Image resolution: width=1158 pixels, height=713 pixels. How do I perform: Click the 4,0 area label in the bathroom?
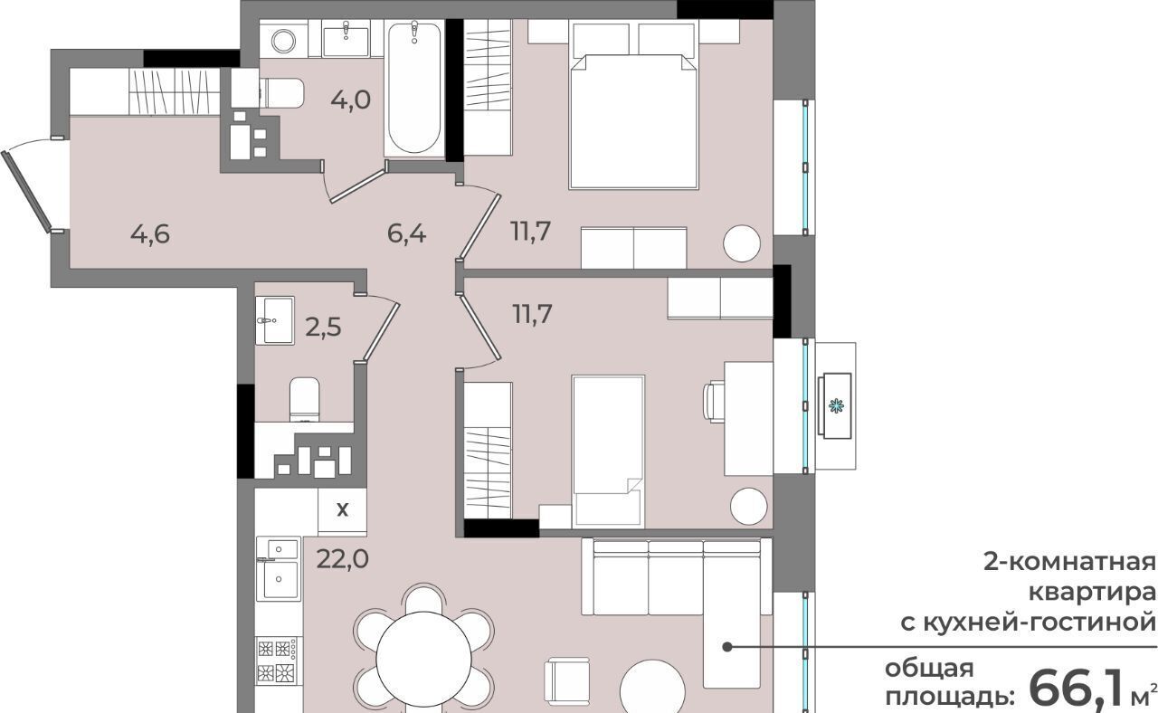pos(351,100)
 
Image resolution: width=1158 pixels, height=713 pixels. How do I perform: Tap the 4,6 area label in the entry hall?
pos(150,234)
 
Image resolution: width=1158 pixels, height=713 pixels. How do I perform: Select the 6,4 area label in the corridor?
pos(407,233)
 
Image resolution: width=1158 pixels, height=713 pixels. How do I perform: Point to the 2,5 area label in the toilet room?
pos(324,327)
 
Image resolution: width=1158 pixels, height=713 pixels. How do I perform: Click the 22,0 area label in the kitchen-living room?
pos(343,558)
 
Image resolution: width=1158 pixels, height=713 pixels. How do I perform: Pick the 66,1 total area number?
pos(1077,689)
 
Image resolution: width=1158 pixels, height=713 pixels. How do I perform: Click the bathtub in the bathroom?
pos(414,88)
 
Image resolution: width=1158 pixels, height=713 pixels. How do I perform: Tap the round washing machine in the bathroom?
pos(284,41)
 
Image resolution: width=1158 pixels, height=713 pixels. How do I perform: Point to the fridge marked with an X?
pos(342,511)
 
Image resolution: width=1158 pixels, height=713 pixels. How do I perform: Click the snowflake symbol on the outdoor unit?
pos(835,405)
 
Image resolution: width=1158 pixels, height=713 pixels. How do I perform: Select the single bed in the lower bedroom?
pos(608,452)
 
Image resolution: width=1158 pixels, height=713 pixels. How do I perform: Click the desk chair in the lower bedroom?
pos(714,402)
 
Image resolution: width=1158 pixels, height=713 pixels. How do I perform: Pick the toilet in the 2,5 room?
pos(304,399)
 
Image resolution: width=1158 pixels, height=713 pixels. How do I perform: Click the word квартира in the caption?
pos(1092,593)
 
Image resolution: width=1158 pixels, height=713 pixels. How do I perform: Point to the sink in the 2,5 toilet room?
pos(275,320)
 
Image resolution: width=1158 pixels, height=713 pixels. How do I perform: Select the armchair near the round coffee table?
pos(566,682)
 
